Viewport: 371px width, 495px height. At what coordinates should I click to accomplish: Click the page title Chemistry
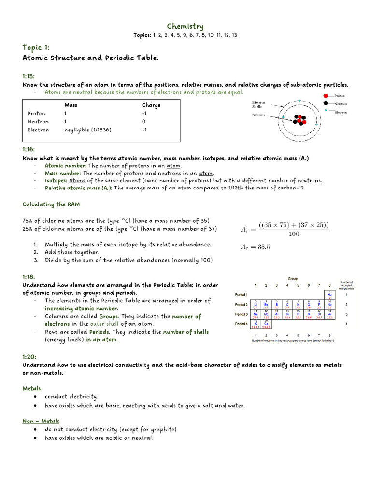(x=185, y=26)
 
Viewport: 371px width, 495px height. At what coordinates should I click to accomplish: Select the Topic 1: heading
(x=36, y=47)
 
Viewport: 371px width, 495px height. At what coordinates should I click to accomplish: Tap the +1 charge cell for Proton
(x=144, y=113)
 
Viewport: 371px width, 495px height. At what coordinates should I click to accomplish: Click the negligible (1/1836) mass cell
(x=87, y=130)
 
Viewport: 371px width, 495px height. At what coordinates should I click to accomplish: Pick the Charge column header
(x=151, y=105)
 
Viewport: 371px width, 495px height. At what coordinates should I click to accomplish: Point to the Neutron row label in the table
(x=38, y=121)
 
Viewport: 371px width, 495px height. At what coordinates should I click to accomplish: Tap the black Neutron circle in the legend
(x=327, y=103)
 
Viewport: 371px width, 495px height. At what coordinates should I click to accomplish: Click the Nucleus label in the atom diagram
(x=259, y=115)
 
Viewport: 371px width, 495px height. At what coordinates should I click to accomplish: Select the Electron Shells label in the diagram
(x=259, y=105)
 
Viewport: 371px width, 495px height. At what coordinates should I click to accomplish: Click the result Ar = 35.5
(x=256, y=247)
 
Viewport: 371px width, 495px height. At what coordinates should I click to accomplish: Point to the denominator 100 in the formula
(x=293, y=234)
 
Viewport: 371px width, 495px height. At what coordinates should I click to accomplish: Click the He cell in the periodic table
(x=330, y=294)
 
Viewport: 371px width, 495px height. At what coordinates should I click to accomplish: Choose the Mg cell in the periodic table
(x=266, y=314)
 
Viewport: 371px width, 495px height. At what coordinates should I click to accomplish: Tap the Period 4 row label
(x=241, y=324)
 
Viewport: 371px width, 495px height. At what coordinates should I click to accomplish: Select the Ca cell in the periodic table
(x=266, y=324)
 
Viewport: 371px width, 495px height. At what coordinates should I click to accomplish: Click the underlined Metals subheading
(x=31, y=388)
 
